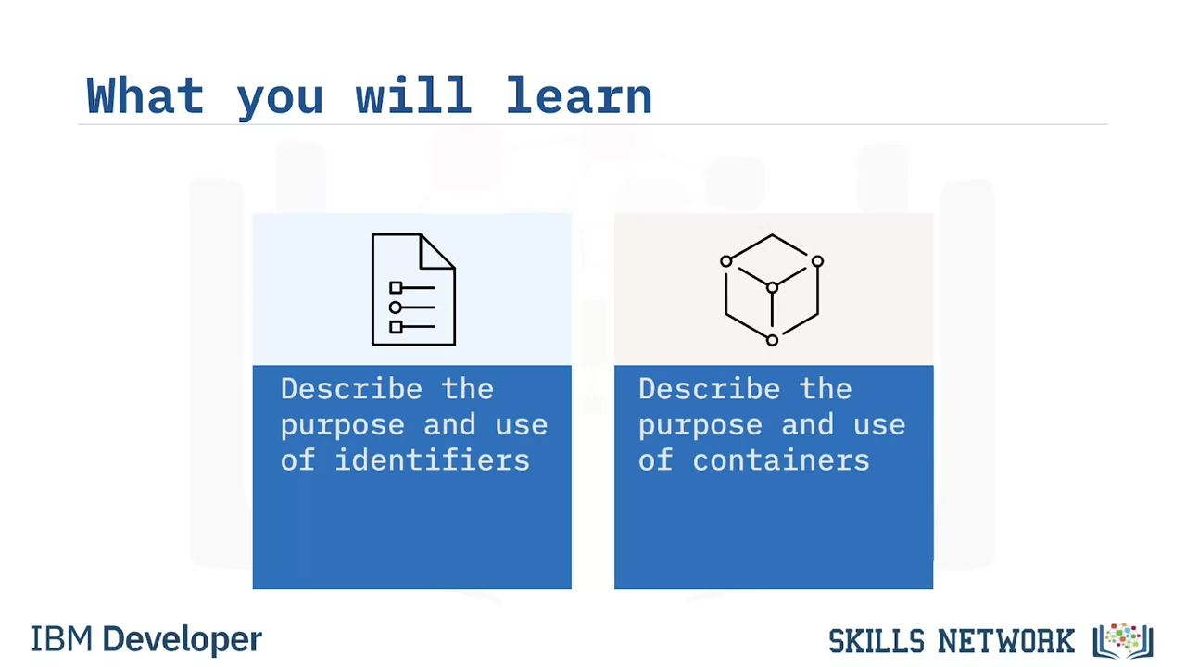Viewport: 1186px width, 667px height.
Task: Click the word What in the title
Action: click(145, 95)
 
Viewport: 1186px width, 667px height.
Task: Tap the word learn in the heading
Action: click(579, 95)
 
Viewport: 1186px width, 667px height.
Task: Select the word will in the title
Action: click(413, 95)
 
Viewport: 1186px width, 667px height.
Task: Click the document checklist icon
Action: click(413, 290)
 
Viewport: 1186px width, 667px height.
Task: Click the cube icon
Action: click(772, 290)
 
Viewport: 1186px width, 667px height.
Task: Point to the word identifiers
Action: click(432, 459)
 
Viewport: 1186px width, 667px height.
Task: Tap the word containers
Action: click(781, 460)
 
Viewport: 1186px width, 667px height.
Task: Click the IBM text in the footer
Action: click(61, 639)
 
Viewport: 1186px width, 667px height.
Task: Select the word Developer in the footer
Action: click(183, 640)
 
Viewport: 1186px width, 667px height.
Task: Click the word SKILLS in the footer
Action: click(877, 642)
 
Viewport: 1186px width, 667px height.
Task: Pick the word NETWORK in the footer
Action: click(1006, 642)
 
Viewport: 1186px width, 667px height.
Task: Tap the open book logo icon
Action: click(1123, 640)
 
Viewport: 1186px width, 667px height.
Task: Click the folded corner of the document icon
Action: click(437, 251)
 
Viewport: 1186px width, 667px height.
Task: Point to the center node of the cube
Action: click(772, 287)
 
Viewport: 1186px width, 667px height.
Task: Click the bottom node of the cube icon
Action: click(772, 340)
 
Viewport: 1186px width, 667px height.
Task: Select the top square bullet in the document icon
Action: click(396, 287)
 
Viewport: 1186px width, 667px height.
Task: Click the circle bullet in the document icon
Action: click(395, 307)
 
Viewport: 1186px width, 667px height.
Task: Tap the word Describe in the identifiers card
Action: click(351, 389)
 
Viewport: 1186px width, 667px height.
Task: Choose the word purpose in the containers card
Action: click(700, 426)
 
